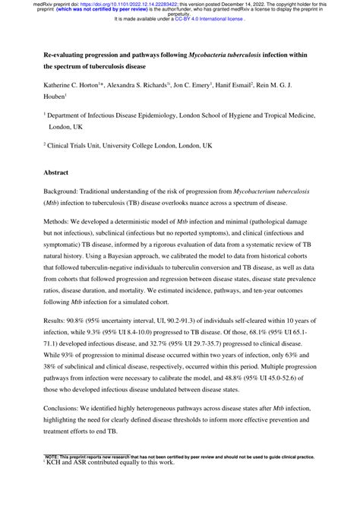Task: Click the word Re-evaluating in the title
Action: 70,55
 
